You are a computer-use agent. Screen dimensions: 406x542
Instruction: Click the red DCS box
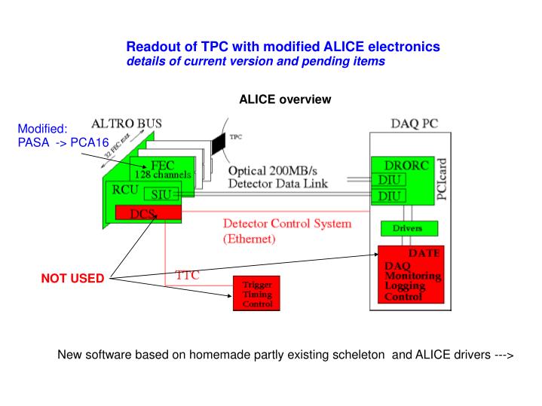149,214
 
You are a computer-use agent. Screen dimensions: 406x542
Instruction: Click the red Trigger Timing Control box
257,295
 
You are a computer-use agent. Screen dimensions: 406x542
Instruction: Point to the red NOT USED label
72,279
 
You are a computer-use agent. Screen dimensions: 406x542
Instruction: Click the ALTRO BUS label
126,123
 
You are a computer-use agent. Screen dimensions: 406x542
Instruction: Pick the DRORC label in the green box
397,164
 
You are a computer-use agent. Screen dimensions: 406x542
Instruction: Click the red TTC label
188,275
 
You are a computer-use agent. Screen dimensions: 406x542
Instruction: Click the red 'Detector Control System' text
286,224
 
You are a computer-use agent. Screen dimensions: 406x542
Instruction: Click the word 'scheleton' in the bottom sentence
357,353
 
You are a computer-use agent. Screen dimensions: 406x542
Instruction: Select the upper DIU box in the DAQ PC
389,179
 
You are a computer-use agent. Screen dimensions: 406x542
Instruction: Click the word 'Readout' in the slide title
149,47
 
